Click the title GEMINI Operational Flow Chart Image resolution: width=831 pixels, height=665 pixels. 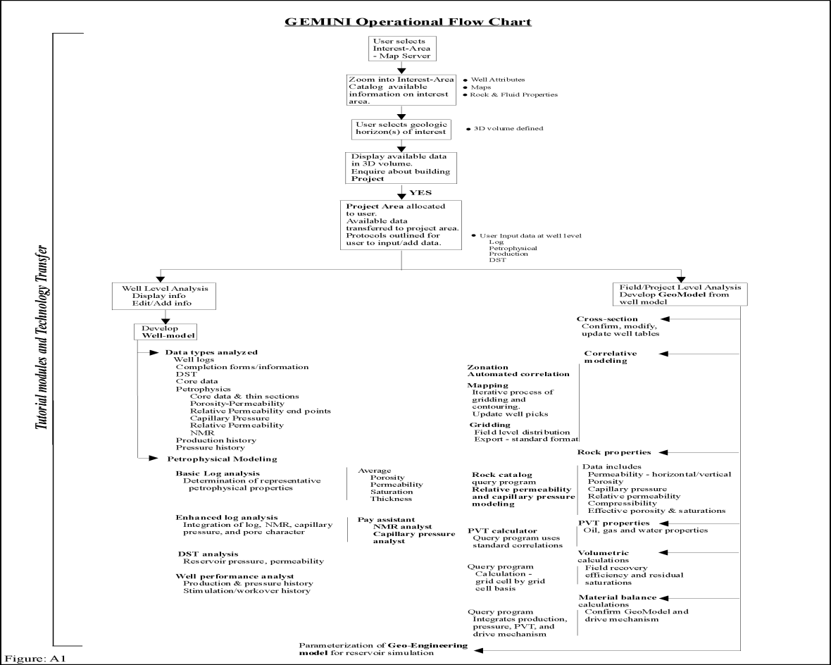(408, 21)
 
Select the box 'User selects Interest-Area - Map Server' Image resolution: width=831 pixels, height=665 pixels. (401, 48)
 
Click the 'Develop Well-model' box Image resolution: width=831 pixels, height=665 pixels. (165, 332)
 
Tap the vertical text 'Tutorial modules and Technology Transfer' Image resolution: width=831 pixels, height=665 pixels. (43, 341)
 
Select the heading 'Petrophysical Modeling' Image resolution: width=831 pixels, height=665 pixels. (212, 459)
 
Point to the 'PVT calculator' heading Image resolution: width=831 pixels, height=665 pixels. (502, 530)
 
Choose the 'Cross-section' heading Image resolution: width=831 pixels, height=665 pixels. (608, 318)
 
